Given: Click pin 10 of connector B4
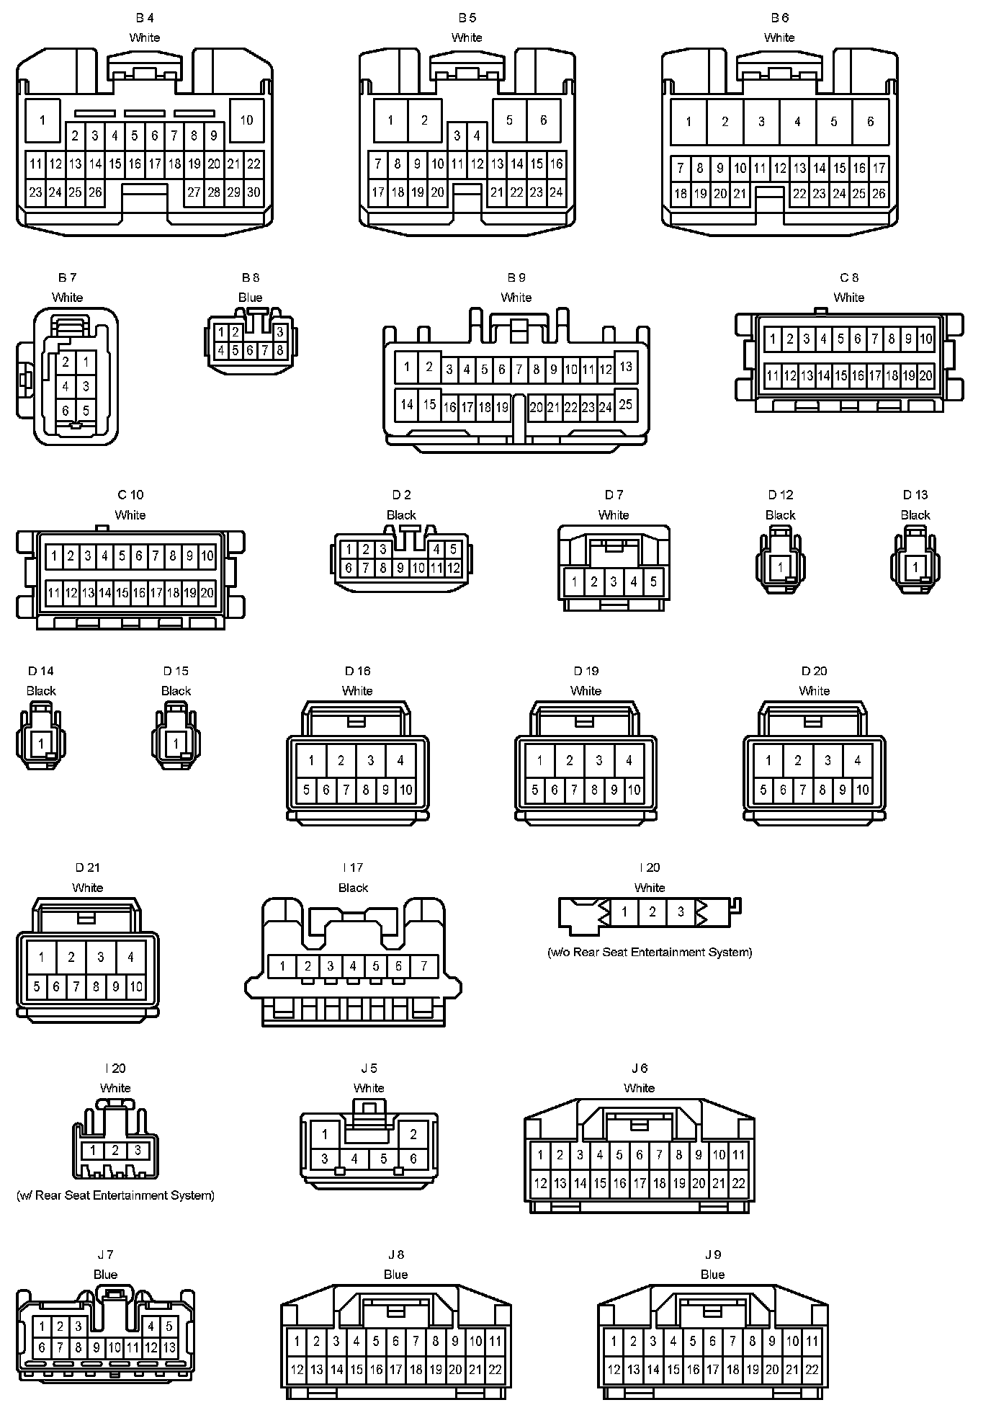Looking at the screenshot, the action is click(246, 120).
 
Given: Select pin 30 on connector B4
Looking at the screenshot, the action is click(254, 192).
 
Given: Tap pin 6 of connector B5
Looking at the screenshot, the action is click(544, 120).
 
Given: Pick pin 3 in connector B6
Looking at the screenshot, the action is click(761, 122).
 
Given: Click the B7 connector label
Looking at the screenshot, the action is click(67, 277).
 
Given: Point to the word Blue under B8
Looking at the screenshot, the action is click(250, 298).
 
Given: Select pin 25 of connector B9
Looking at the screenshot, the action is click(625, 404).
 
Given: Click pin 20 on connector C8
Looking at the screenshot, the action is click(925, 375).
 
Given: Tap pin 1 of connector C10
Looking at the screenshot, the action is click(54, 556).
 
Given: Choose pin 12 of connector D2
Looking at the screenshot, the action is click(453, 568).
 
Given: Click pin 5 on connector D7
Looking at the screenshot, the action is click(653, 581).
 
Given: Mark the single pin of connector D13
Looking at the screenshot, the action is click(915, 567).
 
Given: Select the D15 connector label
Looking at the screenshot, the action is click(176, 671).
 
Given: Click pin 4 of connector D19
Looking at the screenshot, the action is click(629, 760).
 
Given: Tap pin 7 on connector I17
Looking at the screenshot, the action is click(424, 966).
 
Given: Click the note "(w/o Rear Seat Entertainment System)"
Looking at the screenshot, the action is click(650, 952).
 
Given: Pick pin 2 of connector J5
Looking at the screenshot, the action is click(413, 1135).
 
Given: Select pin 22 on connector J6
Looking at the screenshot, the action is click(738, 1183).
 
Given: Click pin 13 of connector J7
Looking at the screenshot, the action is click(169, 1347).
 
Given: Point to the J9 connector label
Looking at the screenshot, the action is click(712, 1254).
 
